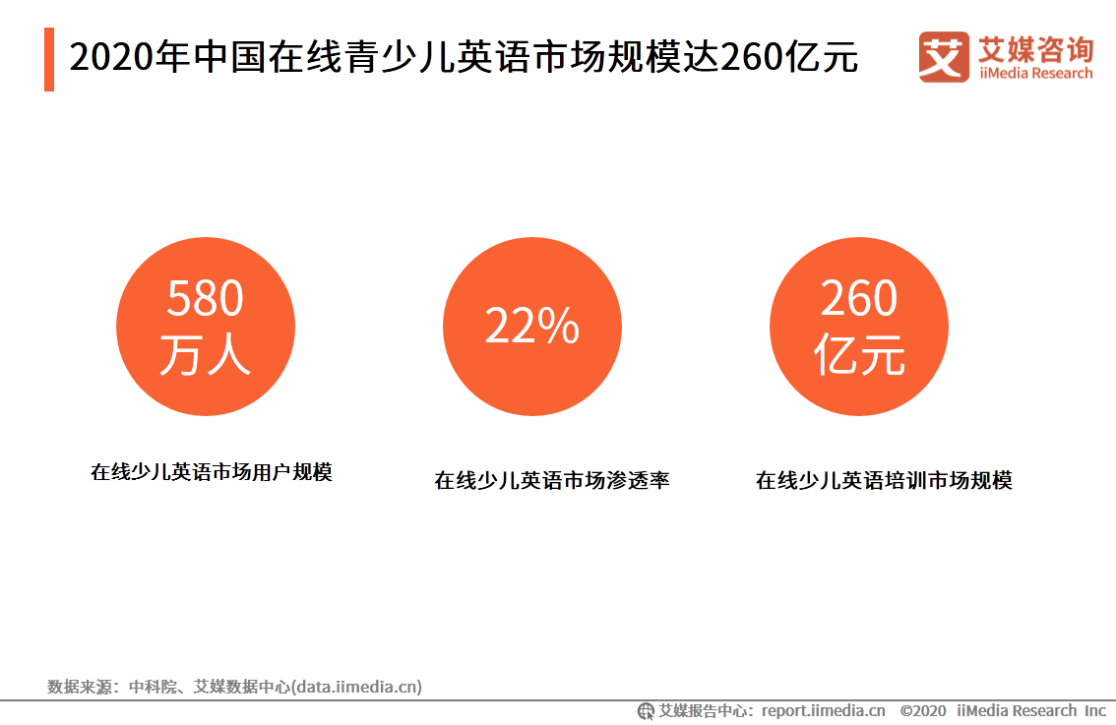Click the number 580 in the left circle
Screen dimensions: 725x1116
[x=205, y=298]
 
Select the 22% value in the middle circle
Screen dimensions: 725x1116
[x=531, y=327]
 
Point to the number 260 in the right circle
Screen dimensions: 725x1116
[x=858, y=298]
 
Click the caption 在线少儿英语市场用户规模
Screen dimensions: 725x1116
[x=212, y=472]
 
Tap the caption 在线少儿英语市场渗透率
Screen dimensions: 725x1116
[x=552, y=481]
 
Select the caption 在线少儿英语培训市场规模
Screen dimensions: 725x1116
[x=884, y=481]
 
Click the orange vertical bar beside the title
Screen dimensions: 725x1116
[x=49, y=60]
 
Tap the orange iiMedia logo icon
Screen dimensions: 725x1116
[x=943, y=57]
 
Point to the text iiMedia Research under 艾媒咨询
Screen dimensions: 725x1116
[x=1035, y=74]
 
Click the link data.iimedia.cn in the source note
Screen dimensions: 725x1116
[x=357, y=687]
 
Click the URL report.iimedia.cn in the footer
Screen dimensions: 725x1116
[x=823, y=710]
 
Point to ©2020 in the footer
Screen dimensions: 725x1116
[x=922, y=710]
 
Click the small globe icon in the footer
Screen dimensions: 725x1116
[x=647, y=710]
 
